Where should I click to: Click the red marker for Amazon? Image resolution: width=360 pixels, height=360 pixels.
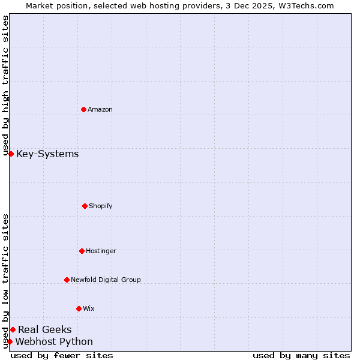point(83,109)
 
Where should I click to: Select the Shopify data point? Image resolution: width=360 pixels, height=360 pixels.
point(85,206)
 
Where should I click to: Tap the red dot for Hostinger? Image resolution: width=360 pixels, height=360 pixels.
point(82,251)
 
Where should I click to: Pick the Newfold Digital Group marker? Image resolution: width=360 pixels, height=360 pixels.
point(67,280)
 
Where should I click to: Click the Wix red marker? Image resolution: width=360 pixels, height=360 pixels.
point(79,308)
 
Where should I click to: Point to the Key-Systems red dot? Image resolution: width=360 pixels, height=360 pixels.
point(11,154)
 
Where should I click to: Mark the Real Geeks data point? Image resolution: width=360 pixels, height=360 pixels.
point(13,329)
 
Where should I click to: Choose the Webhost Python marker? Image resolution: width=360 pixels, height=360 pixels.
point(10,341)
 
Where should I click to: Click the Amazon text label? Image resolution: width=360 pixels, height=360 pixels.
point(100,110)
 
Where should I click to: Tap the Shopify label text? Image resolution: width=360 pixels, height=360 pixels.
point(101,206)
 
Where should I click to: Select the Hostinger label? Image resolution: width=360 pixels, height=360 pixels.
point(101,251)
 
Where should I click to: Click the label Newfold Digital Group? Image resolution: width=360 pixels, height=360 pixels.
point(106,280)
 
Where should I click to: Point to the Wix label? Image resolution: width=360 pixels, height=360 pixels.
point(89,309)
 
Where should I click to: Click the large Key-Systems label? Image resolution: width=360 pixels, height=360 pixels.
point(47,154)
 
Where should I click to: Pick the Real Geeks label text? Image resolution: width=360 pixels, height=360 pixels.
point(45,329)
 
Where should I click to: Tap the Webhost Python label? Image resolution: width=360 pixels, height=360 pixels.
point(54,342)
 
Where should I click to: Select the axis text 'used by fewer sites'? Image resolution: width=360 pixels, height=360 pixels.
point(62,355)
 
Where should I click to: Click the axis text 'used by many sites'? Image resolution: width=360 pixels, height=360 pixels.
point(301,355)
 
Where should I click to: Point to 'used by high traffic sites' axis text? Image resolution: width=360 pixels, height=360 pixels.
point(5,86)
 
